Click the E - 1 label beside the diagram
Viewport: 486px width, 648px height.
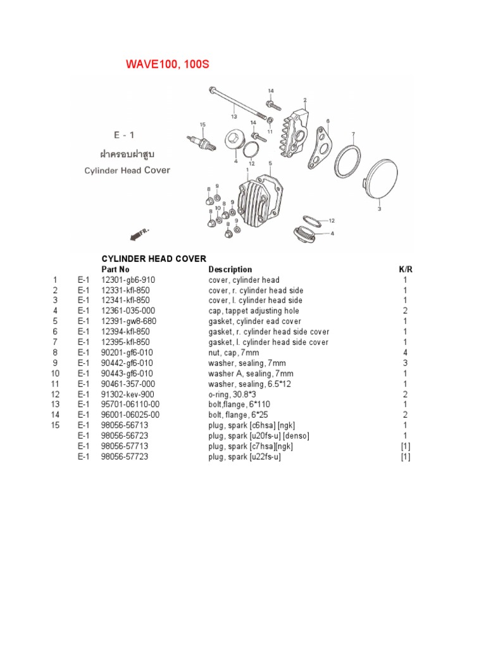click(x=124, y=135)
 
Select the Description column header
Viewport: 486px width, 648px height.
click(x=230, y=270)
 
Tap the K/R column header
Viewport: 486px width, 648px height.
click(x=405, y=270)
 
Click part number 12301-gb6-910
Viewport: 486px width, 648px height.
click(x=128, y=280)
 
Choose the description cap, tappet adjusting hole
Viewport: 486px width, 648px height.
click(x=254, y=311)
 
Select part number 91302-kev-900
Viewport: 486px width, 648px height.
click(x=128, y=394)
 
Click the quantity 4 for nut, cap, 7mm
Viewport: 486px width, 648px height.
click(x=405, y=352)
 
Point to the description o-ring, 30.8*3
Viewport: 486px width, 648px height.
click(x=235, y=394)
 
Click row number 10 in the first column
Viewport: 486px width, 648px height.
click(x=56, y=373)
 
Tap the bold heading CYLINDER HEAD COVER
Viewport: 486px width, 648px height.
click(x=154, y=259)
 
